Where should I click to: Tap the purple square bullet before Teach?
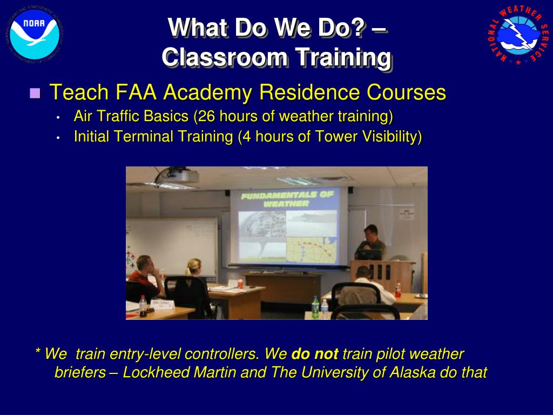pyautogui.click(x=35, y=93)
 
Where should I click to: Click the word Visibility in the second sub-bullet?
pyautogui.click(x=392, y=137)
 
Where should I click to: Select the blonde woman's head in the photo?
pyautogui.click(x=193, y=267)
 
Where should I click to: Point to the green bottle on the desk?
pyautogui.click(x=315, y=307)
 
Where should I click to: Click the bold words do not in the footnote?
pyautogui.click(x=314, y=354)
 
